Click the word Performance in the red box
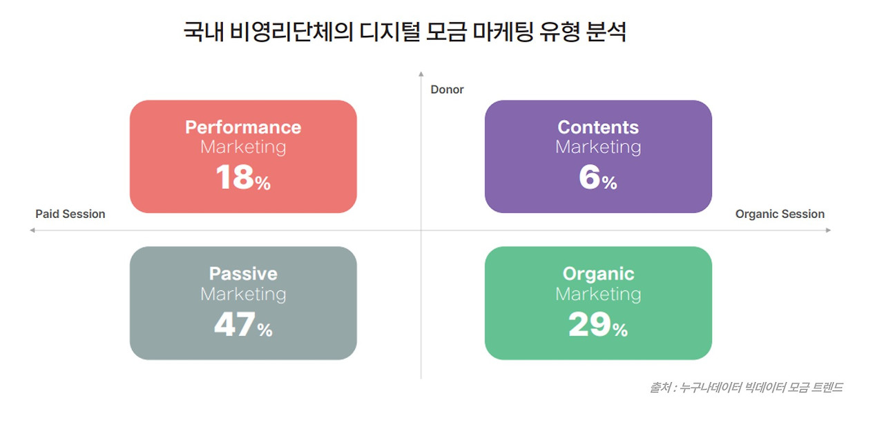[x=243, y=128]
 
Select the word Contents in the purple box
[x=598, y=128]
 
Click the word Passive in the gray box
[x=243, y=274]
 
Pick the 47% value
[x=243, y=325]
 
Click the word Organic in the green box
[x=598, y=274]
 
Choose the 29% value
[x=598, y=325]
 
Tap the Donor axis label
[x=447, y=90]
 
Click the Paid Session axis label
[x=70, y=214]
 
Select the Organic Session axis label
[x=780, y=214]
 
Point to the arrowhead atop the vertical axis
[x=421, y=72]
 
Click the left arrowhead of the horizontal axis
[x=32, y=230]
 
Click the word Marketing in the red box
[x=243, y=147]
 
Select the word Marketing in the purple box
[x=598, y=147]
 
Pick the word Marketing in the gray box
[x=243, y=294]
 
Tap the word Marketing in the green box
[x=598, y=294]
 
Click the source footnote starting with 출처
[x=746, y=388]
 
